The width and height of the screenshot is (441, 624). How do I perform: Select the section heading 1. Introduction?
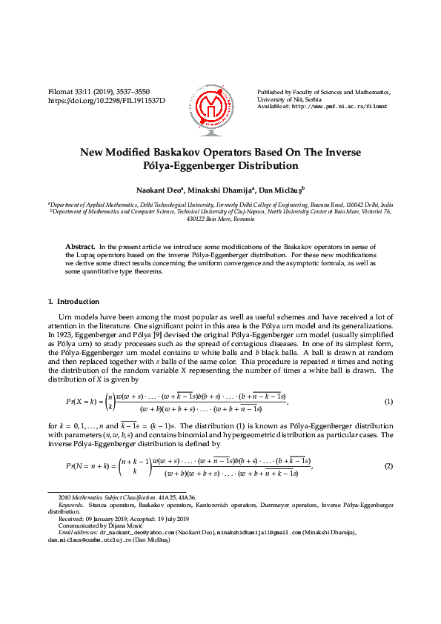[73, 302]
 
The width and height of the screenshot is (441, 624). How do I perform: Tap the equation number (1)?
[388, 402]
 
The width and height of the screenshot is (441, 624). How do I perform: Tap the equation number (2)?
[388, 465]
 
